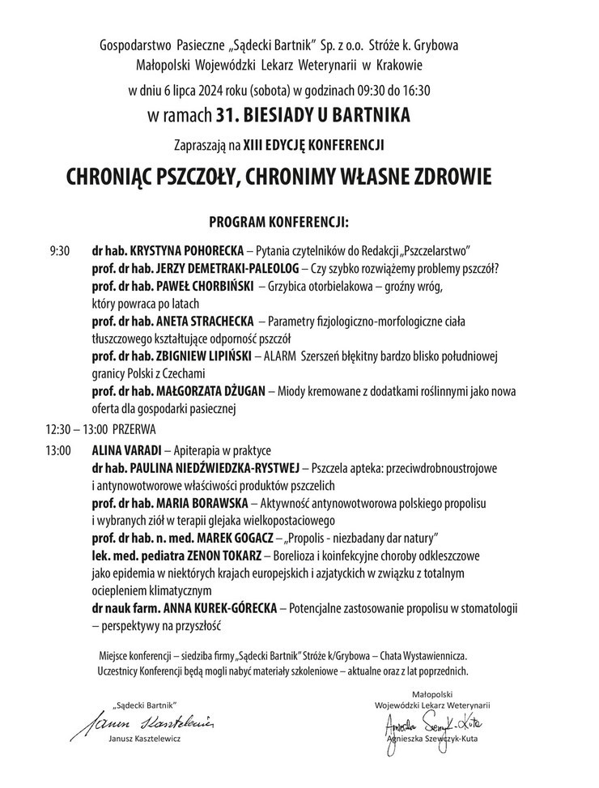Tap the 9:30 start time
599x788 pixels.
point(60,250)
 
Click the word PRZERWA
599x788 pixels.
point(134,428)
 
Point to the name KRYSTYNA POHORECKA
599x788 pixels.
point(183,250)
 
